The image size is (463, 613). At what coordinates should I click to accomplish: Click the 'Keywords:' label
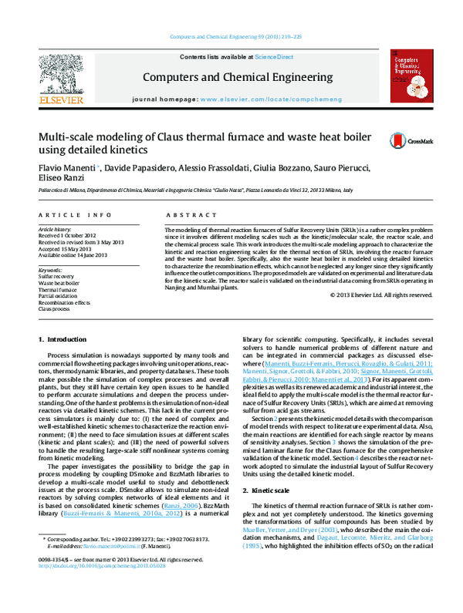coord(50,271)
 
